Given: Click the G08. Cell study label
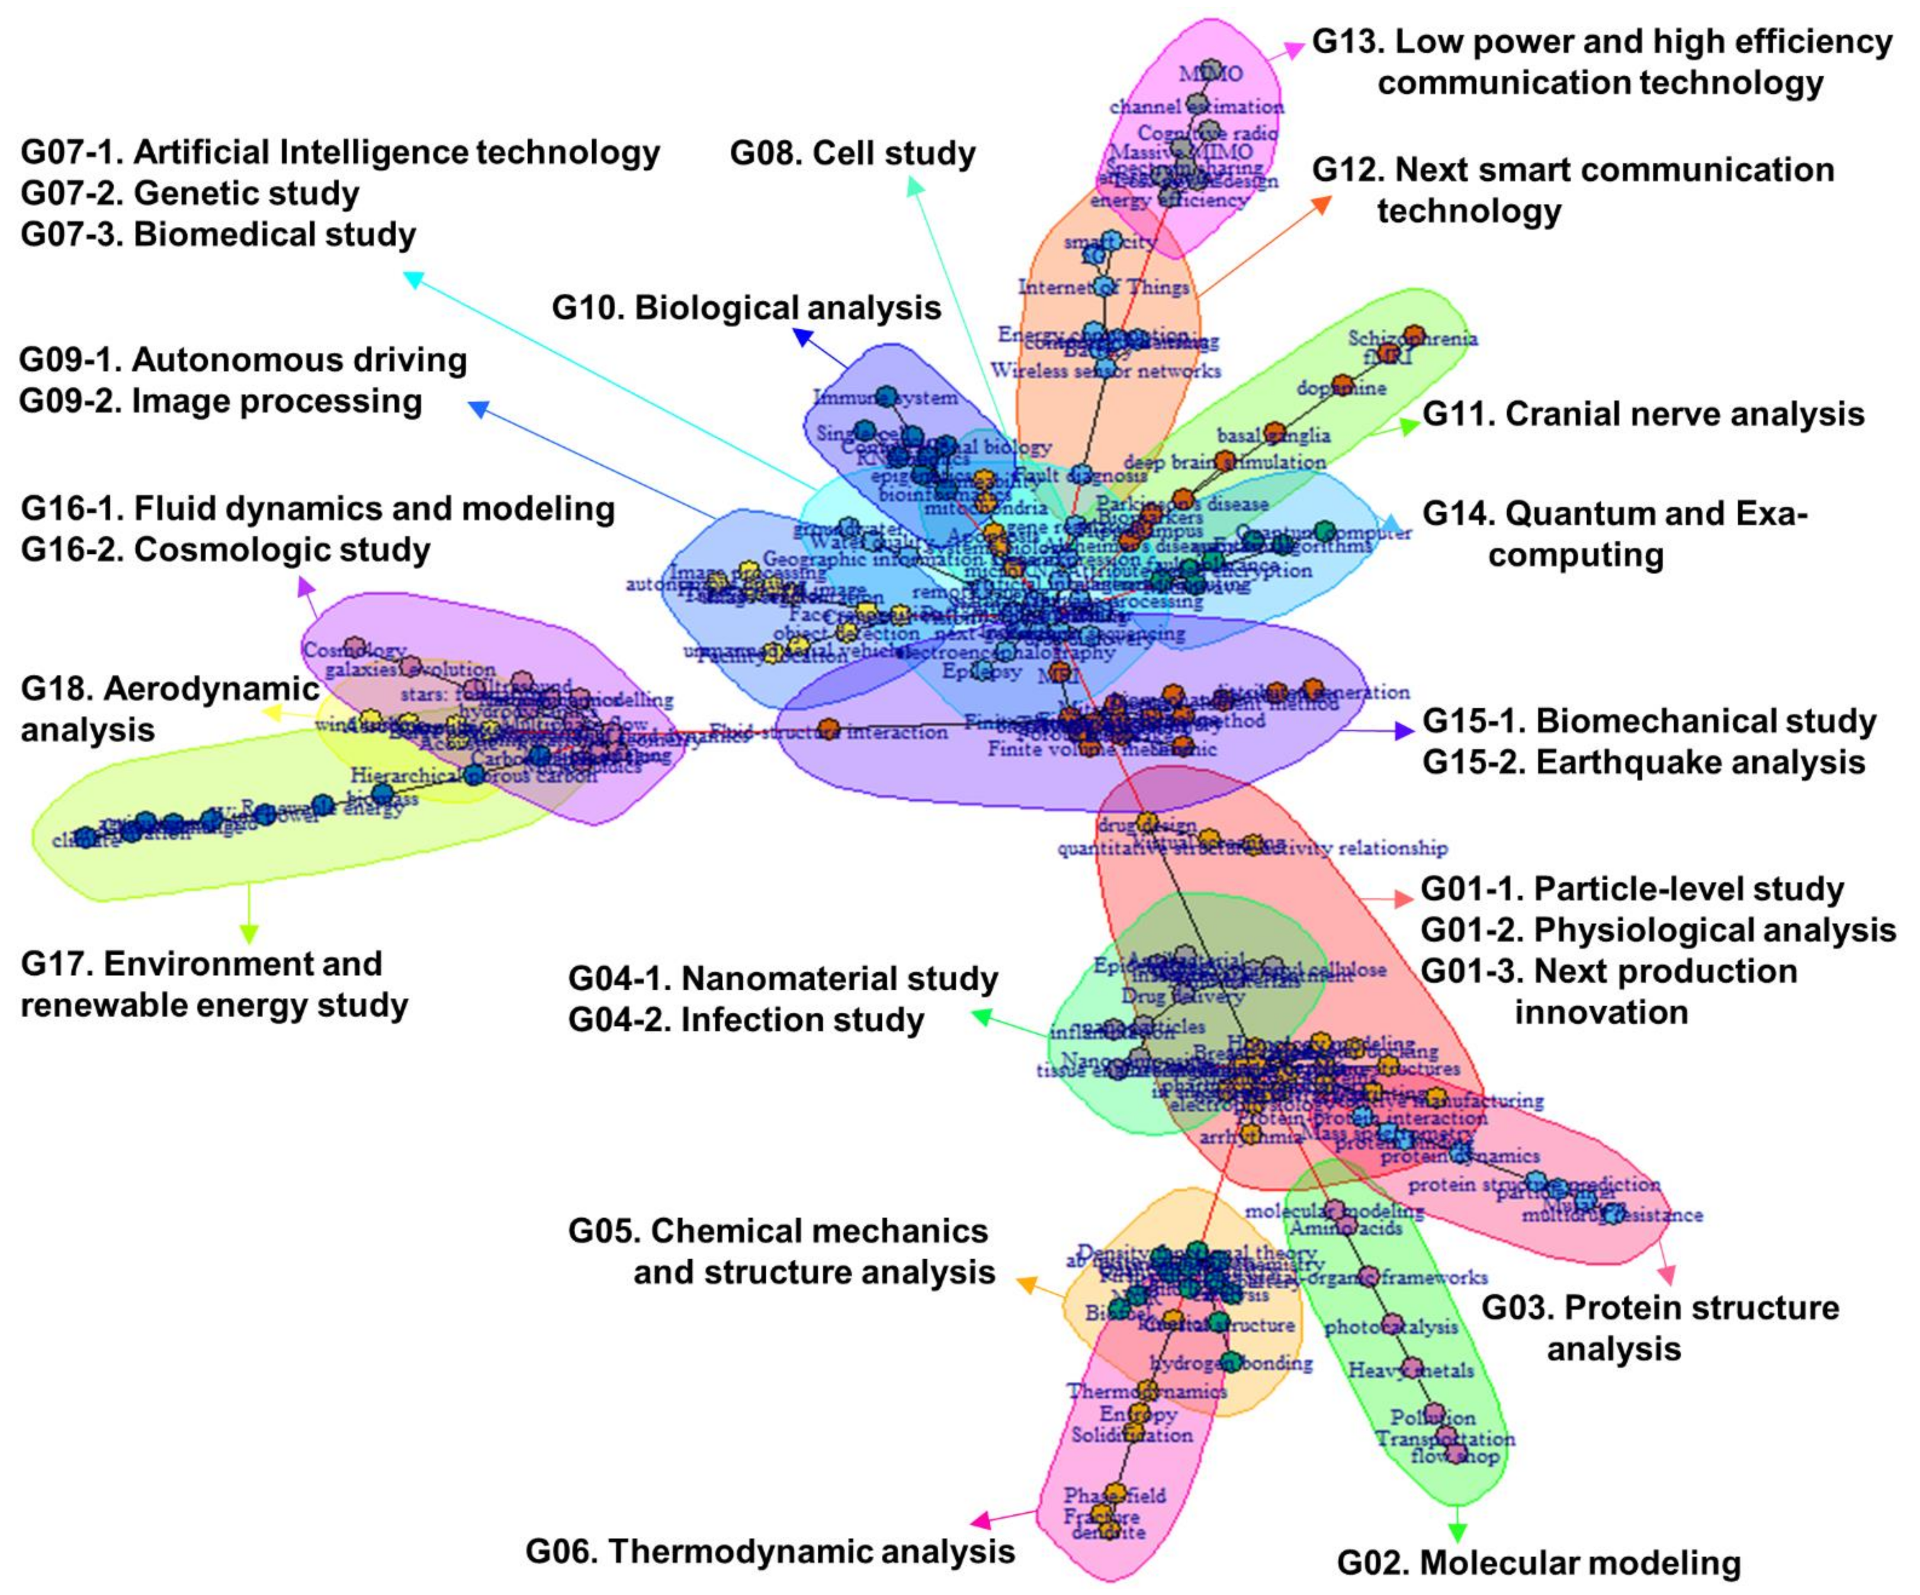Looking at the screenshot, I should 852,153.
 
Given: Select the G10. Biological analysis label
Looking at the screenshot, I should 746,308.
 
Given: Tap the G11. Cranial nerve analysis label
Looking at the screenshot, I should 1643,415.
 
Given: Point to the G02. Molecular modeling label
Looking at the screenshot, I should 1539,1563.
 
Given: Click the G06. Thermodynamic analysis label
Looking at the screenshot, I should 770,1551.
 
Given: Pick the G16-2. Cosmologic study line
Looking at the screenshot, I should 226,550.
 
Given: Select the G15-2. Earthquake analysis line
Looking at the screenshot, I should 1643,762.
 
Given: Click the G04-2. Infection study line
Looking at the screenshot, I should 746,1020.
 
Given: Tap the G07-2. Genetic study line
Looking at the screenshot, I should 190,193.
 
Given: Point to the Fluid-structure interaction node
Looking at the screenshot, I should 829,729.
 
